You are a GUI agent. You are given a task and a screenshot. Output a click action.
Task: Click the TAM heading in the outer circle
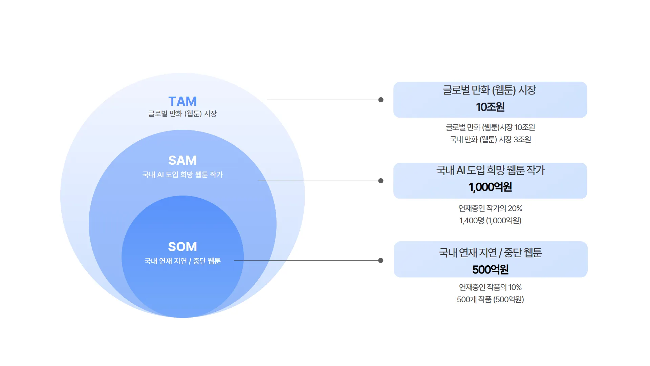(182, 101)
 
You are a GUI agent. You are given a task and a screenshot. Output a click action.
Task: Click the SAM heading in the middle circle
(182, 160)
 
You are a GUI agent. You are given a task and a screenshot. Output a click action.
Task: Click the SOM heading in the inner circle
(182, 247)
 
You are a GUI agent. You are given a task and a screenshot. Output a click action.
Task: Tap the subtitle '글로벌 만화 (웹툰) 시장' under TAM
(182, 114)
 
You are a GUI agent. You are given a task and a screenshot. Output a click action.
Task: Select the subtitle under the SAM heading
(182, 175)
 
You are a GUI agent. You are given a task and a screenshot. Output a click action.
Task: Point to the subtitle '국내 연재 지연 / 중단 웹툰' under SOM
(182, 261)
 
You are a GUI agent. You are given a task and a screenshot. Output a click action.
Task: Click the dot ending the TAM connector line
(381, 100)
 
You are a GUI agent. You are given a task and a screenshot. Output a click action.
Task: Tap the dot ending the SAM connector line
(381, 181)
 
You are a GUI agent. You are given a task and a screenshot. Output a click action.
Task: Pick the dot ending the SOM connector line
(381, 260)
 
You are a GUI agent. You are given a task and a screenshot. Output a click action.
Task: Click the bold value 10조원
(490, 107)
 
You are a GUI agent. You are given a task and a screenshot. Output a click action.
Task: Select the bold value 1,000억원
(490, 187)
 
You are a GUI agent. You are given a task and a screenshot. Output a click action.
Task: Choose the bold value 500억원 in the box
(490, 270)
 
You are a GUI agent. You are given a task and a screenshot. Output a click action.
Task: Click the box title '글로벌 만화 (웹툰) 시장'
(490, 90)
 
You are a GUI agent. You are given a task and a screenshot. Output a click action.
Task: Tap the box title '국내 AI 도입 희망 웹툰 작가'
(490, 170)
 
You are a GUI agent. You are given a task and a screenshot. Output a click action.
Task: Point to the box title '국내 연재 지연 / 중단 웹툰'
(490, 252)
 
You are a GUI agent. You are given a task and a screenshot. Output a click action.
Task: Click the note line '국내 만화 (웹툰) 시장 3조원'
(490, 140)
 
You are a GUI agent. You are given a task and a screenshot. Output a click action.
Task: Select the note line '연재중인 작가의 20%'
(490, 208)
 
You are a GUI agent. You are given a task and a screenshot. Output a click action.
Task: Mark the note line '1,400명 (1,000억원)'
(490, 221)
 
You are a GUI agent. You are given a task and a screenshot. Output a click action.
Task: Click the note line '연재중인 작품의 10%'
(490, 287)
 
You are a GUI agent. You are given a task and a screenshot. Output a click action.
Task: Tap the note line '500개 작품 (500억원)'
(490, 300)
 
